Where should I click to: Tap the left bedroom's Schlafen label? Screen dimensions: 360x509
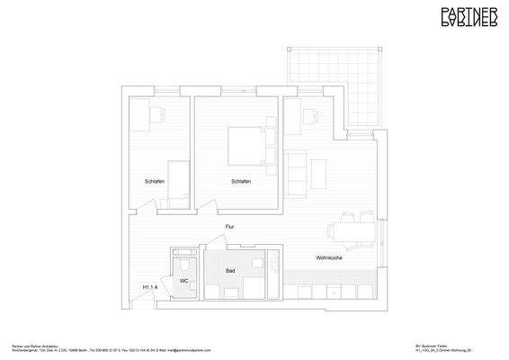click(154, 182)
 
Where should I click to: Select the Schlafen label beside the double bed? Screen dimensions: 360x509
click(240, 182)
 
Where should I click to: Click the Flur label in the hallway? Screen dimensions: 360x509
click(230, 227)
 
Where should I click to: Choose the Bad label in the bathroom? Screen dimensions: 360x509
click(230, 269)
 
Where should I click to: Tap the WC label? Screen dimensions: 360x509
click(183, 281)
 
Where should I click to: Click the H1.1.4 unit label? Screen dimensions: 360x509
click(150, 287)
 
